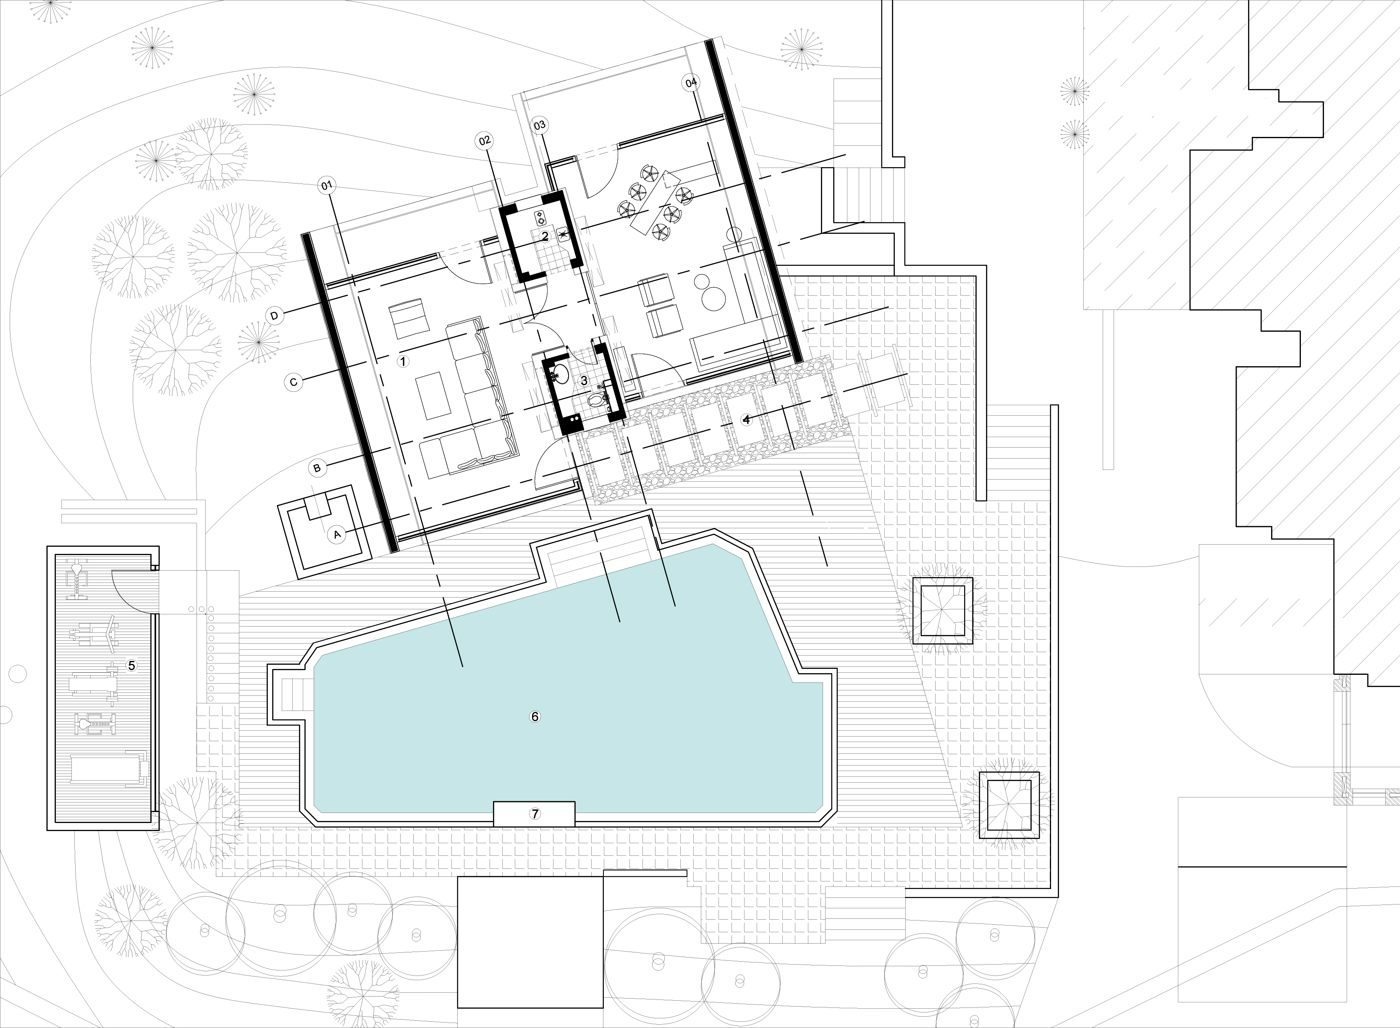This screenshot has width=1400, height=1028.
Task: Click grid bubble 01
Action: tap(327, 185)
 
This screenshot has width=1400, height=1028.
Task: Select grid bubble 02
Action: tap(484, 141)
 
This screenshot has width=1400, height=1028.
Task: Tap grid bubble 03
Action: tap(540, 125)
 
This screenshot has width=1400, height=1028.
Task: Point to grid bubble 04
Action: tap(691, 83)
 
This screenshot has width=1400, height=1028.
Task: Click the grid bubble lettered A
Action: tap(337, 534)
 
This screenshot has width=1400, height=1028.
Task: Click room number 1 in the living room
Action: tap(403, 361)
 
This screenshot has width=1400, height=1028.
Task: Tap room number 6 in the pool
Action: tap(535, 716)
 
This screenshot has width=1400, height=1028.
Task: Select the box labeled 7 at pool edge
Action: tap(534, 814)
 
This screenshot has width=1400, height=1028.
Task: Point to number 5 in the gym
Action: tap(131, 665)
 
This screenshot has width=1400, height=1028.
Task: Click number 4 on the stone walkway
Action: tap(747, 420)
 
